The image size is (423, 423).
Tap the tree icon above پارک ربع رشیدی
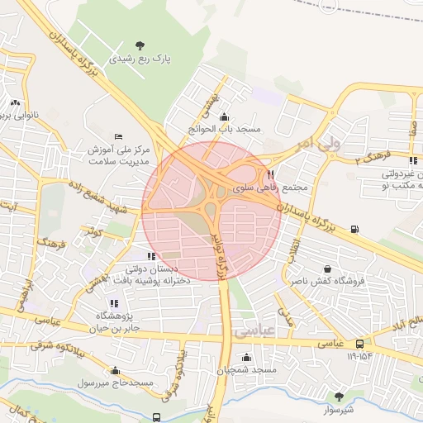click(x=138, y=45)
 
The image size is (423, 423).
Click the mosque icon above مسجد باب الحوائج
click(x=225, y=116)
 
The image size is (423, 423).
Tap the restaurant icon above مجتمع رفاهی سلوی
click(x=270, y=174)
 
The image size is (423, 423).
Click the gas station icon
click(x=354, y=229)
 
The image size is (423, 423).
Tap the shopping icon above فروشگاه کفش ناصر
click(x=329, y=269)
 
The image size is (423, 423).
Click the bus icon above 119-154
click(x=360, y=343)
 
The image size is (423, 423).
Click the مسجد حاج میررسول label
click(x=116, y=383)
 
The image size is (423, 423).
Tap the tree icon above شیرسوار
click(x=337, y=396)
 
